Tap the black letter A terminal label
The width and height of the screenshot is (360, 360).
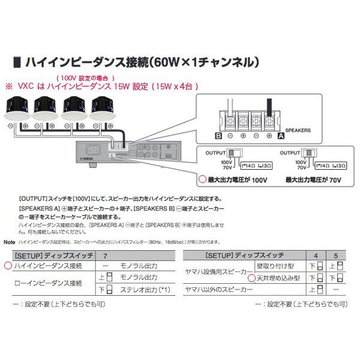(280, 136)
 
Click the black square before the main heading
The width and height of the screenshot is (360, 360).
(16, 62)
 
